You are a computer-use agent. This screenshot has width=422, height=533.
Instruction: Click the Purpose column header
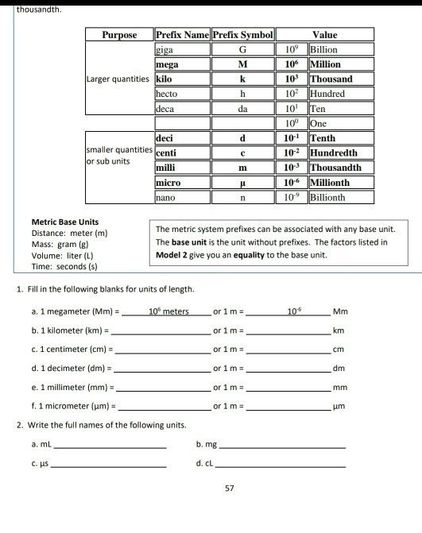[119, 35]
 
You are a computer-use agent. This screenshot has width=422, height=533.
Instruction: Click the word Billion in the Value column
[324, 49]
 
